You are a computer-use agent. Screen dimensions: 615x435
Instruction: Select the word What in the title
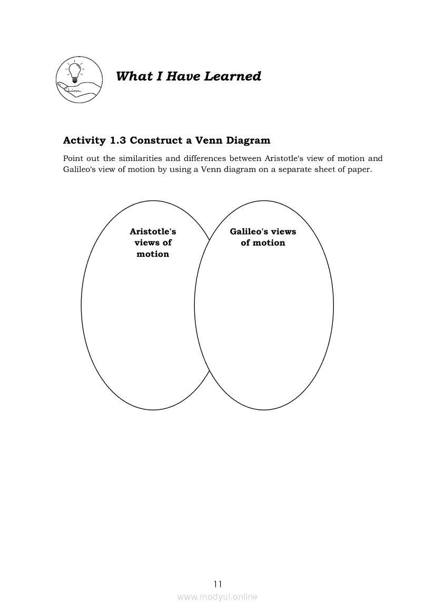131,76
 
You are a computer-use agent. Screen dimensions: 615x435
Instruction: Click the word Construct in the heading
153,140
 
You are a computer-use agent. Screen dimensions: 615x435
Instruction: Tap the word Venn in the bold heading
206,140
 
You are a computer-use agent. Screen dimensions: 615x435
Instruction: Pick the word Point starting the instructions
73,158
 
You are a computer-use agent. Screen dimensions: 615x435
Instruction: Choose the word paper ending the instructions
361,170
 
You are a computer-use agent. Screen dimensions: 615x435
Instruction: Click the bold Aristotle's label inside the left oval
153,231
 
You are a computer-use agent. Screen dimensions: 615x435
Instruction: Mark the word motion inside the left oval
153,254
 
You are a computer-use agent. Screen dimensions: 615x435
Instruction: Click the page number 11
218,584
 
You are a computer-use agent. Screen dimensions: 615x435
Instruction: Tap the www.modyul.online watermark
217,597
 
